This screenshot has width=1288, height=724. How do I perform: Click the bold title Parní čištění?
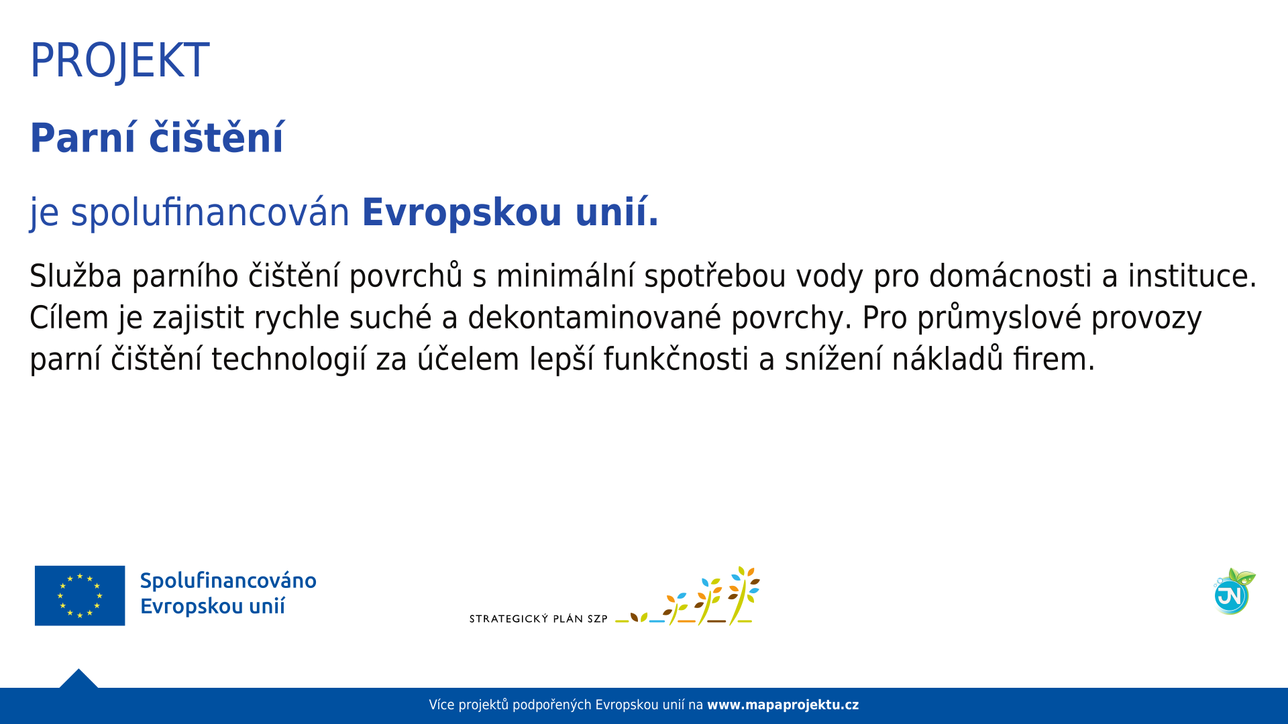pyautogui.click(x=157, y=138)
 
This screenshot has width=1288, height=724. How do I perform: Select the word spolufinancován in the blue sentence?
pyautogui.click(x=210, y=213)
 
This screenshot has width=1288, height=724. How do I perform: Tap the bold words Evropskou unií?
pyautogui.click(x=510, y=213)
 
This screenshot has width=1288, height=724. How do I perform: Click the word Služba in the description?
pyautogui.click(x=76, y=276)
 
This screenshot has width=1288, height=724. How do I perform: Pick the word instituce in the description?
pyautogui.click(x=1192, y=276)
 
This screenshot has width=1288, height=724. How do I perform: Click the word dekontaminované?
pyautogui.click(x=594, y=317)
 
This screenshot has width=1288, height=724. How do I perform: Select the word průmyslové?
pyautogui.click(x=1000, y=317)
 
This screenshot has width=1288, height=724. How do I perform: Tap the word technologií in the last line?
pyautogui.click(x=289, y=359)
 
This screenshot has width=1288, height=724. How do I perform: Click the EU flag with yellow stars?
pyautogui.click(x=80, y=595)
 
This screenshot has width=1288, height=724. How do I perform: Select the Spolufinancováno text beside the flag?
pyautogui.click(x=228, y=581)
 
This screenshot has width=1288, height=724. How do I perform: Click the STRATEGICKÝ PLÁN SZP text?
pyautogui.click(x=538, y=619)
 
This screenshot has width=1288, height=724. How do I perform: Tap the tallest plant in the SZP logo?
pyautogui.click(x=743, y=595)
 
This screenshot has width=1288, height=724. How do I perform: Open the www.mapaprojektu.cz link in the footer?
pyautogui.click(x=783, y=705)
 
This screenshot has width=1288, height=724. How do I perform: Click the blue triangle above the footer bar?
pyautogui.click(x=78, y=680)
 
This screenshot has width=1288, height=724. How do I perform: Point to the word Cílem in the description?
pyautogui.click(x=69, y=317)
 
